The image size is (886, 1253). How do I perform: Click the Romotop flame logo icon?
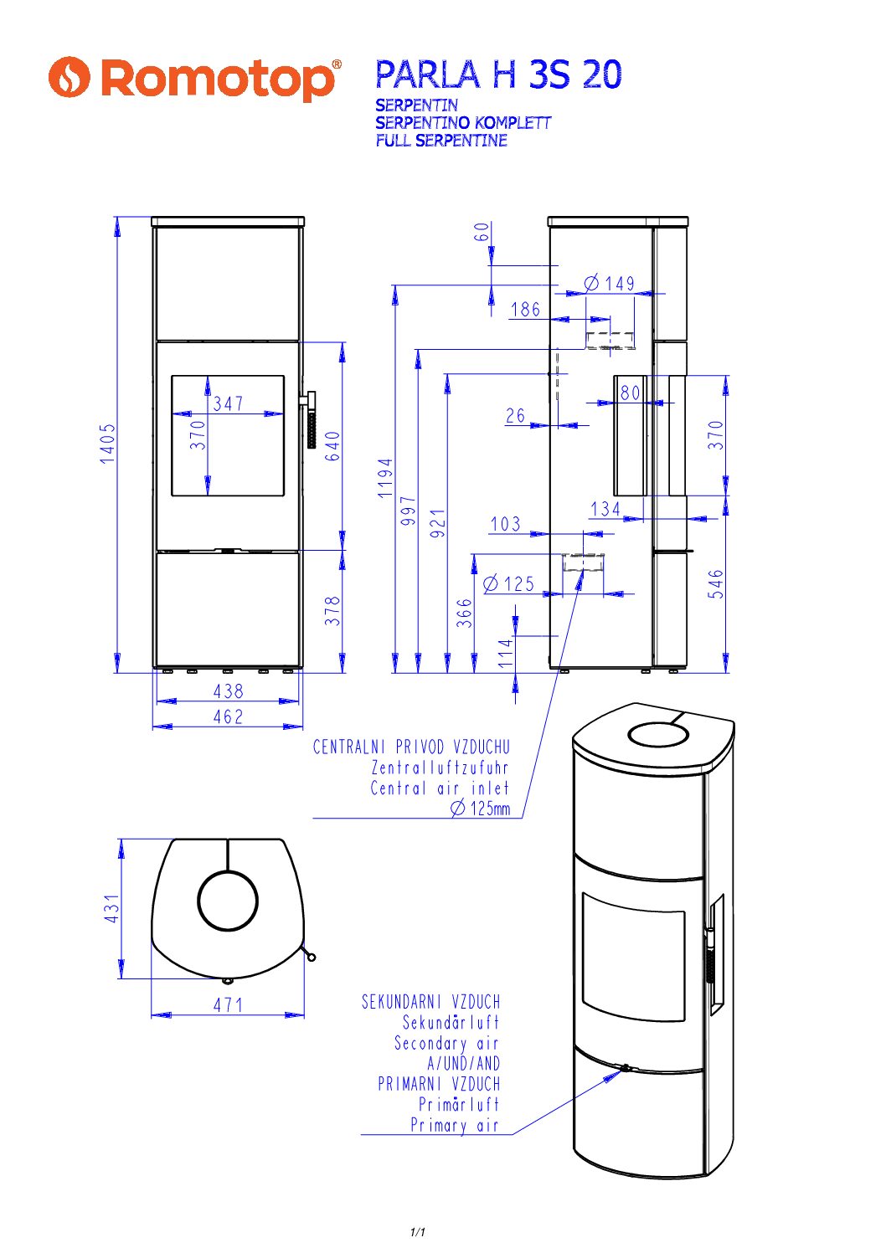tap(69, 77)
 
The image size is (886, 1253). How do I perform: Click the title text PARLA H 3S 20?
tap(498, 74)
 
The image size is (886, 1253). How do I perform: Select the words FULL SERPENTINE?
tap(441, 141)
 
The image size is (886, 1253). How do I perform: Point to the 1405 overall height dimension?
tap(108, 443)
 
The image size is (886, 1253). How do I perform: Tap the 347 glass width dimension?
tap(229, 403)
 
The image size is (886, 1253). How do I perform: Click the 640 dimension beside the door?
tap(332, 446)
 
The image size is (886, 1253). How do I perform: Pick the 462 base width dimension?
tap(228, 717)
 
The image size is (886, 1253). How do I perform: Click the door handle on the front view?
tap(311, 421)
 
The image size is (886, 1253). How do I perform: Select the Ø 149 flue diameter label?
tap(610, 284)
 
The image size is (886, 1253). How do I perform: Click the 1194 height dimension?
tap(384, 477)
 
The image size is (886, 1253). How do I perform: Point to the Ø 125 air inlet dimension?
tap(509, 583)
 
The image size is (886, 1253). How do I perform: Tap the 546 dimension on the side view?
tap(715, 584)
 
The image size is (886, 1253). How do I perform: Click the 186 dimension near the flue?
tap(525, 310)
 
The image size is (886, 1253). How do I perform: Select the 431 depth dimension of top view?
tap(111, 908)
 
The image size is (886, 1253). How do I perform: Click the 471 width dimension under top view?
tap(228, 1004)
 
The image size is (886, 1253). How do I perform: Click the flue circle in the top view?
tap(228, 901)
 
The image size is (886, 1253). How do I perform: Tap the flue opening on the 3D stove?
tap(658, 735)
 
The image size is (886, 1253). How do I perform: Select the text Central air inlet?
tap(440, 788)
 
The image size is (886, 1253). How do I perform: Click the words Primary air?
tap(454, 1125)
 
